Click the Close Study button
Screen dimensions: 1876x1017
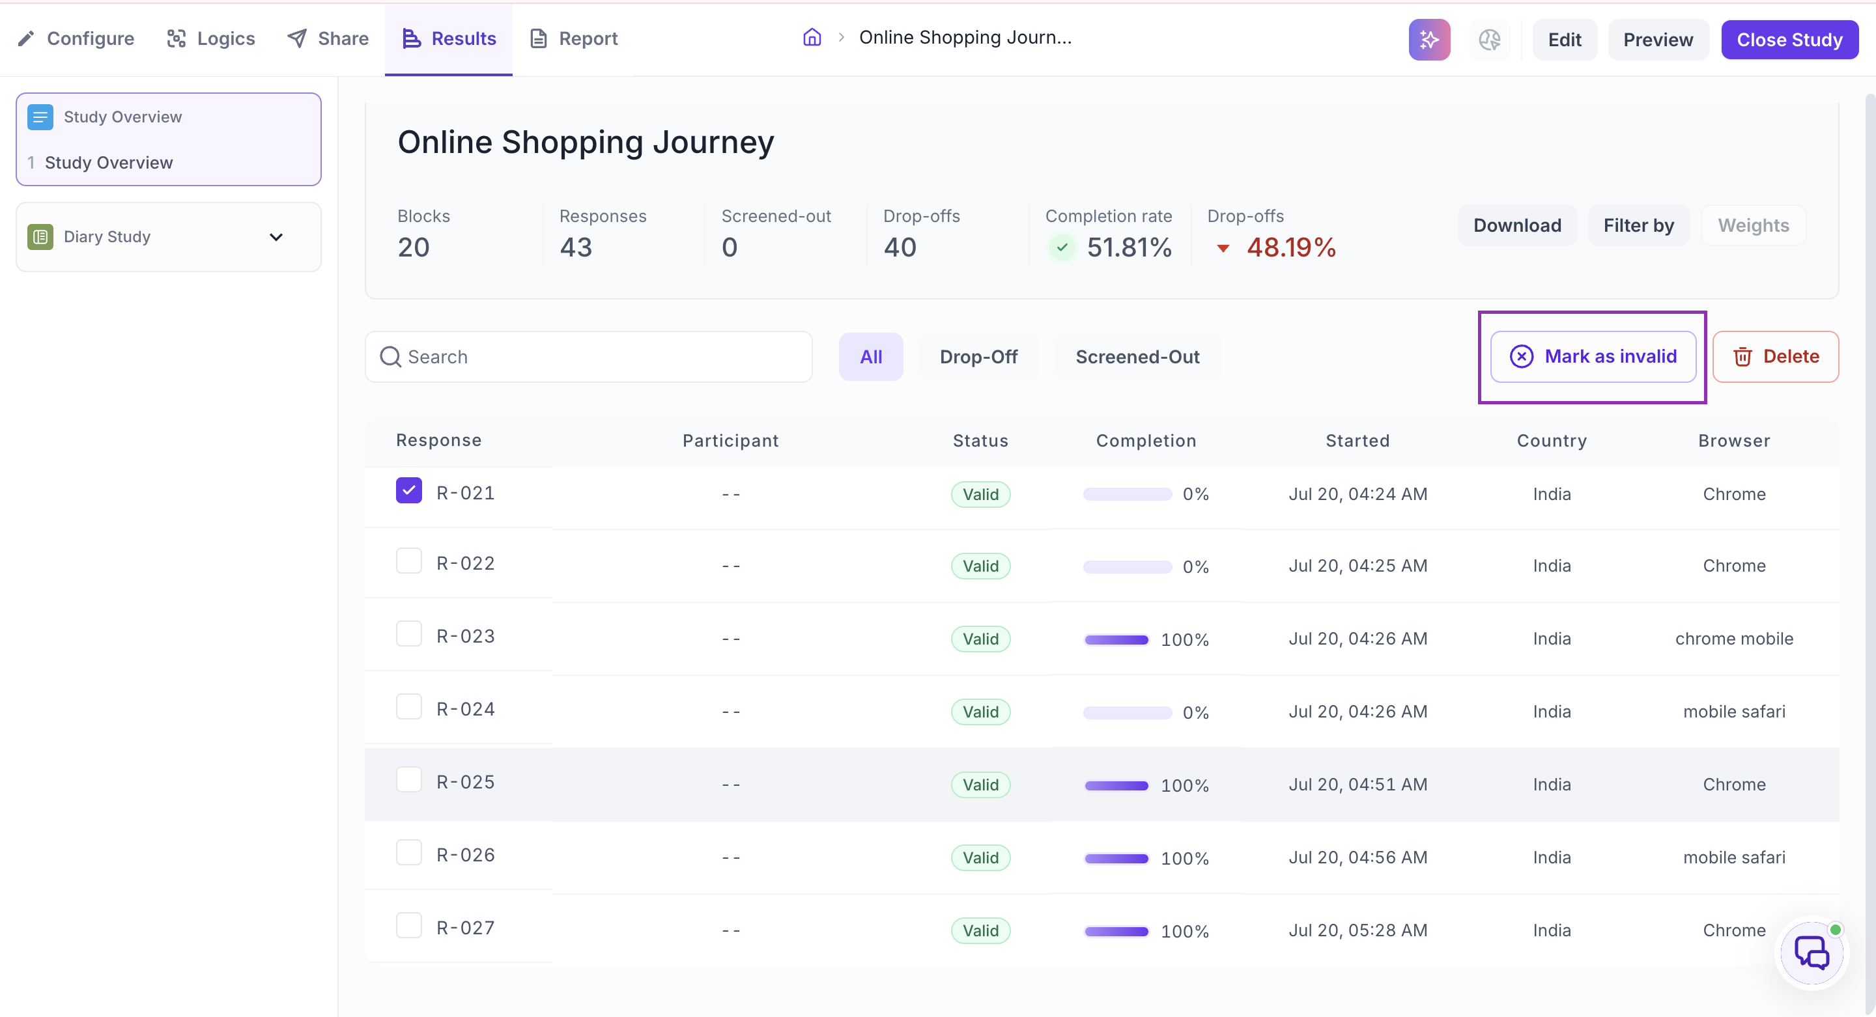pyautogui.click(x=1789, y=39)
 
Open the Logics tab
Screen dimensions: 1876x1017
pyautogui.click(x=210, y=38)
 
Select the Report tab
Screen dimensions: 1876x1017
pyautogui.click(x=573, y=38)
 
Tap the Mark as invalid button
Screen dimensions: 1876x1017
pyautogui.click(x=1593, y=357)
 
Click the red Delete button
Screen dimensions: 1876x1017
pyautogui.click(x=1775, y=357)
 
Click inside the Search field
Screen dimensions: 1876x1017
pyautogui.click(x=588, y=357)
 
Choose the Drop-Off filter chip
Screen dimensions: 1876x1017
pyautogui.click(x=978, y=357)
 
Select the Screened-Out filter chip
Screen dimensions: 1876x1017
pyautogui.click(x=1137, y=357)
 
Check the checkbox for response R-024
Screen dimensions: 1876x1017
pyautogui.click(x=408, y=707)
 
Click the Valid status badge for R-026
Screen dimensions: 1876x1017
pyautogui.click(x=980, y=857)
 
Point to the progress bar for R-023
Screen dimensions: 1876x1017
pyautogui.click(x=1116, y=640)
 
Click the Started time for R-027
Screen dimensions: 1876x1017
pyautogui.click(x=1357, y=930)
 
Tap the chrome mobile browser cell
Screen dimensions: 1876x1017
pyautogui.click(x=1733, y=639)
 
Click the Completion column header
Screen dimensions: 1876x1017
pyautogui.click(x=1146, y=440)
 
